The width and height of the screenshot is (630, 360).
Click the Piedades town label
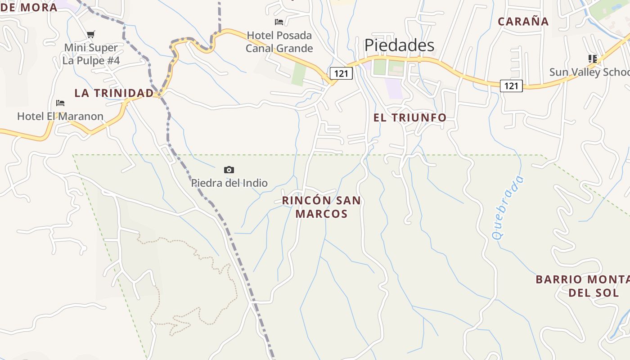[x=399, y=45]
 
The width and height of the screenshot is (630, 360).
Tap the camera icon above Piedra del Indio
[x=229, y=170]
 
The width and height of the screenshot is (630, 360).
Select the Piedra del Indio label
[x=229, y=183]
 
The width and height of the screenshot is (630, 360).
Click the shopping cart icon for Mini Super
[x=91, y=34]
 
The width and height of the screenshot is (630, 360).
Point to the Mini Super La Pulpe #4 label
[x=91, y=54]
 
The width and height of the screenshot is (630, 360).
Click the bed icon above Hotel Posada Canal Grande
[x=279, y=22]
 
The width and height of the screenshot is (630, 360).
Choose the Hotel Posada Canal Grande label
[x=279, y=42]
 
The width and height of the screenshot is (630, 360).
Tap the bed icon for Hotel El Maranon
[x=60, y=103]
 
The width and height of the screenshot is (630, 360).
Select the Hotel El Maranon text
[x=60, y=117]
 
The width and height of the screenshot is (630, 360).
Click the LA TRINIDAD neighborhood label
[x=114, y=93]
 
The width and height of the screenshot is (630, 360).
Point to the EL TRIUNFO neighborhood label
[x=410, y=118]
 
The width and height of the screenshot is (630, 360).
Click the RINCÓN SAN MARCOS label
[x=321, y=207]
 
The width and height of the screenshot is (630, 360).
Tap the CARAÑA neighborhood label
[x=523, y=22]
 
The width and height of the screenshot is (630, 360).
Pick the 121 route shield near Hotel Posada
[x=341, y=73]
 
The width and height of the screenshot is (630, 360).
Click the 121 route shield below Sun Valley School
[x=511, y=85]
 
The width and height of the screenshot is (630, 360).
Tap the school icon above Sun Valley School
[x=592, y=58]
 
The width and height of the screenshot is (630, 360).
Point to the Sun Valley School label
[x=589, y=72]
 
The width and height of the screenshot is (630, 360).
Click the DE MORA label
[x=29, y=7]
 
